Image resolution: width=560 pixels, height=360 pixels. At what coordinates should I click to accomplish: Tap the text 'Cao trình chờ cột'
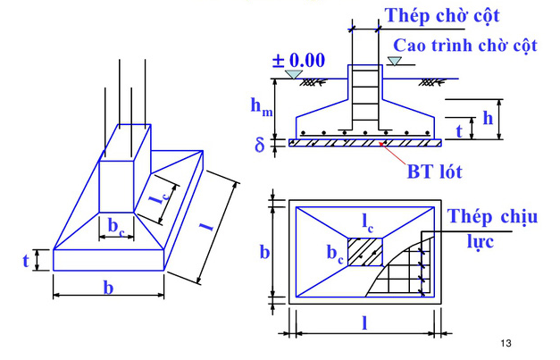(x=462, y=44)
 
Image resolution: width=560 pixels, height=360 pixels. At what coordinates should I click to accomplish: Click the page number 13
(x=506, y=343)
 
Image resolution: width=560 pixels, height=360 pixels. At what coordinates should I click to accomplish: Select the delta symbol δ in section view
(x=260, y=143)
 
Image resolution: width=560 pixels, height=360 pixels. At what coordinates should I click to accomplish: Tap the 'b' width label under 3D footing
(x=108, y=288)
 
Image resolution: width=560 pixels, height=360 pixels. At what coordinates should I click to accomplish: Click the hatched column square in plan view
(x=364, y=251)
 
